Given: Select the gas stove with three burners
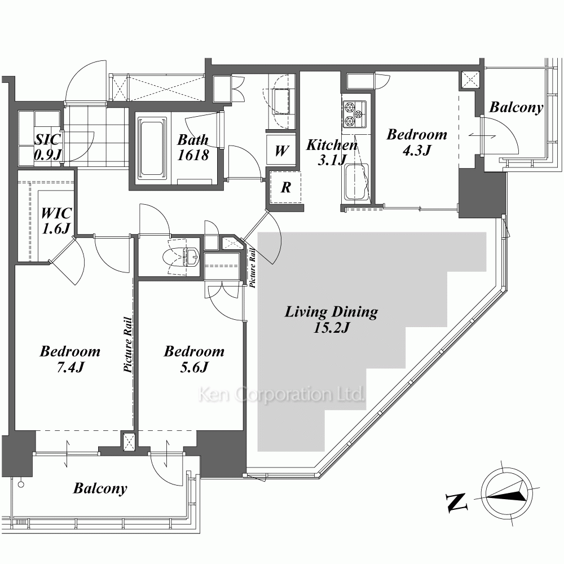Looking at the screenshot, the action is [354, 114].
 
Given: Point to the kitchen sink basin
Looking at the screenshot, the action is [356, 182].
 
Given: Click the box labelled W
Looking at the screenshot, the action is [281, 151].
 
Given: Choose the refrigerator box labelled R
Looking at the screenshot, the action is [285, 187].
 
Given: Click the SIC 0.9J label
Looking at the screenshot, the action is [47, 147].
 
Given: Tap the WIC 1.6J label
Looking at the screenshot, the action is [56, 221].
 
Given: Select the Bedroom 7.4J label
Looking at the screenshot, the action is [70, 359].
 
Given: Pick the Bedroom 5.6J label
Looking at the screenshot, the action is [194, 359].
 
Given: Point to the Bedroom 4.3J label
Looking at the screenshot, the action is [417, 142].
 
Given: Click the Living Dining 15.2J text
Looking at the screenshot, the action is [331, 319].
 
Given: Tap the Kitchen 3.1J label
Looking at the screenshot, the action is [332, 152].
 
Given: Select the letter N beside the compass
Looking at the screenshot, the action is [456, 503].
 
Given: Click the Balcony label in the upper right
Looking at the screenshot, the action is [516, 107].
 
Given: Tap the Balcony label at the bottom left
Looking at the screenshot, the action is [100, 488].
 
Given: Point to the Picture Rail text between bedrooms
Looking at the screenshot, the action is [127, 344].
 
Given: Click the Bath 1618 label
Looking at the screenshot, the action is [193, 147].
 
